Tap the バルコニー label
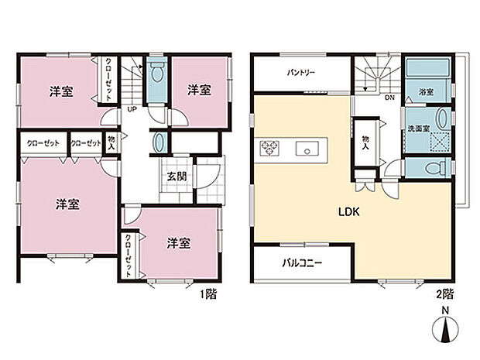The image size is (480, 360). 301,263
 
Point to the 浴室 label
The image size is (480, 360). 426,92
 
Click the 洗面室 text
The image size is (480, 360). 420,127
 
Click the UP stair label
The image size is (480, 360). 132,110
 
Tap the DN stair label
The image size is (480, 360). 390,98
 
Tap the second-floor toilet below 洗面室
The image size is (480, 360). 433,167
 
